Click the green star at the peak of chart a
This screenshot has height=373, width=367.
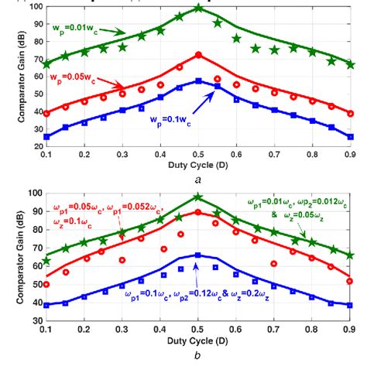point(199,9)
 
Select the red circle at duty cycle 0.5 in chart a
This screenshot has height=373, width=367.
point(199,55)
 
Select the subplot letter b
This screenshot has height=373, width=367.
point(198,357)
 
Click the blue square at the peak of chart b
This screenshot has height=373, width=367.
point(199,255)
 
